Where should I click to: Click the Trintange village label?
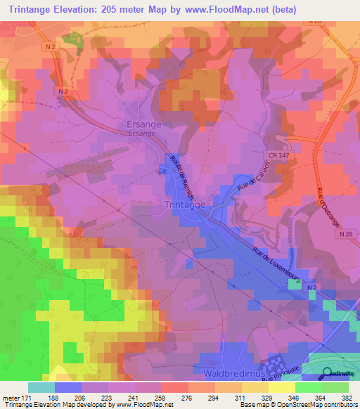coord(184,204)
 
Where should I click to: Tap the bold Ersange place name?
coord(143,124)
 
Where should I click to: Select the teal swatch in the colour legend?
coord(41,387)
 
